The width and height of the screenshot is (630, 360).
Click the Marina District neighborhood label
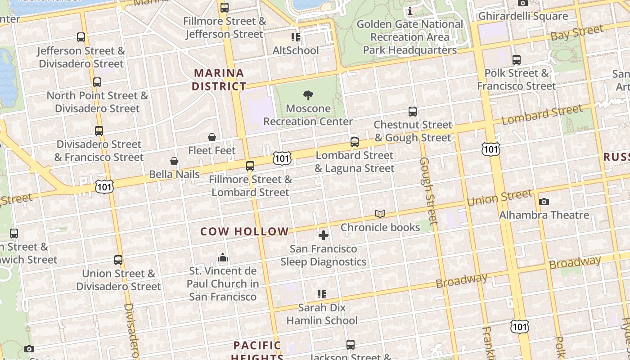(x=219, y=79)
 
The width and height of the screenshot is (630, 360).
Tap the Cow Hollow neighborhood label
(x=244, y=232)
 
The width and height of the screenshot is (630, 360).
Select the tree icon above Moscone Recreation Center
(x=308, y=95)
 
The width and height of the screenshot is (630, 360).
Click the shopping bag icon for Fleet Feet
(x=212, y=137)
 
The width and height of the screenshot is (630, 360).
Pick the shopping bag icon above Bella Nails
(x=174, y=161)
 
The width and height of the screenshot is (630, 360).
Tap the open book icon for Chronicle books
(x=380, y=214)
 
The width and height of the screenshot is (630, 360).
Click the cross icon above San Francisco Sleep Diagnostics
(x=324, y=235)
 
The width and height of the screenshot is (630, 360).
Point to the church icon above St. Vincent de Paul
(x=223, y=258)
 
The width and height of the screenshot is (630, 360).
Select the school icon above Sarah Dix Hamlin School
(x=322, y=294)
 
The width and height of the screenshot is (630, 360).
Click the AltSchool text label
(x=296, y=50)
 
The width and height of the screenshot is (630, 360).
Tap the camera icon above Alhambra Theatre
(x=544, y=202)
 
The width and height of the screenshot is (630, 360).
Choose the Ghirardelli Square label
(x=523, y=16)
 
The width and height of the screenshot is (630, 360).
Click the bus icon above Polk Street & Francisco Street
(x=517, y=59)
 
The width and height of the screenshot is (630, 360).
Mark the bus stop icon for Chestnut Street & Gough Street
(x=413, y=111)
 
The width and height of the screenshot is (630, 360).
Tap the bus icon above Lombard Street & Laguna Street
(x=355, y=142)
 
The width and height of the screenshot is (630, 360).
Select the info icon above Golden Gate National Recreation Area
(x=410, y=11)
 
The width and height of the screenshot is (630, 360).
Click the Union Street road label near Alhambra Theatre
(x=499, y=198)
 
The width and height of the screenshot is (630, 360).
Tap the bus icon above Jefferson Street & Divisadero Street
(x=81, y=37)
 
